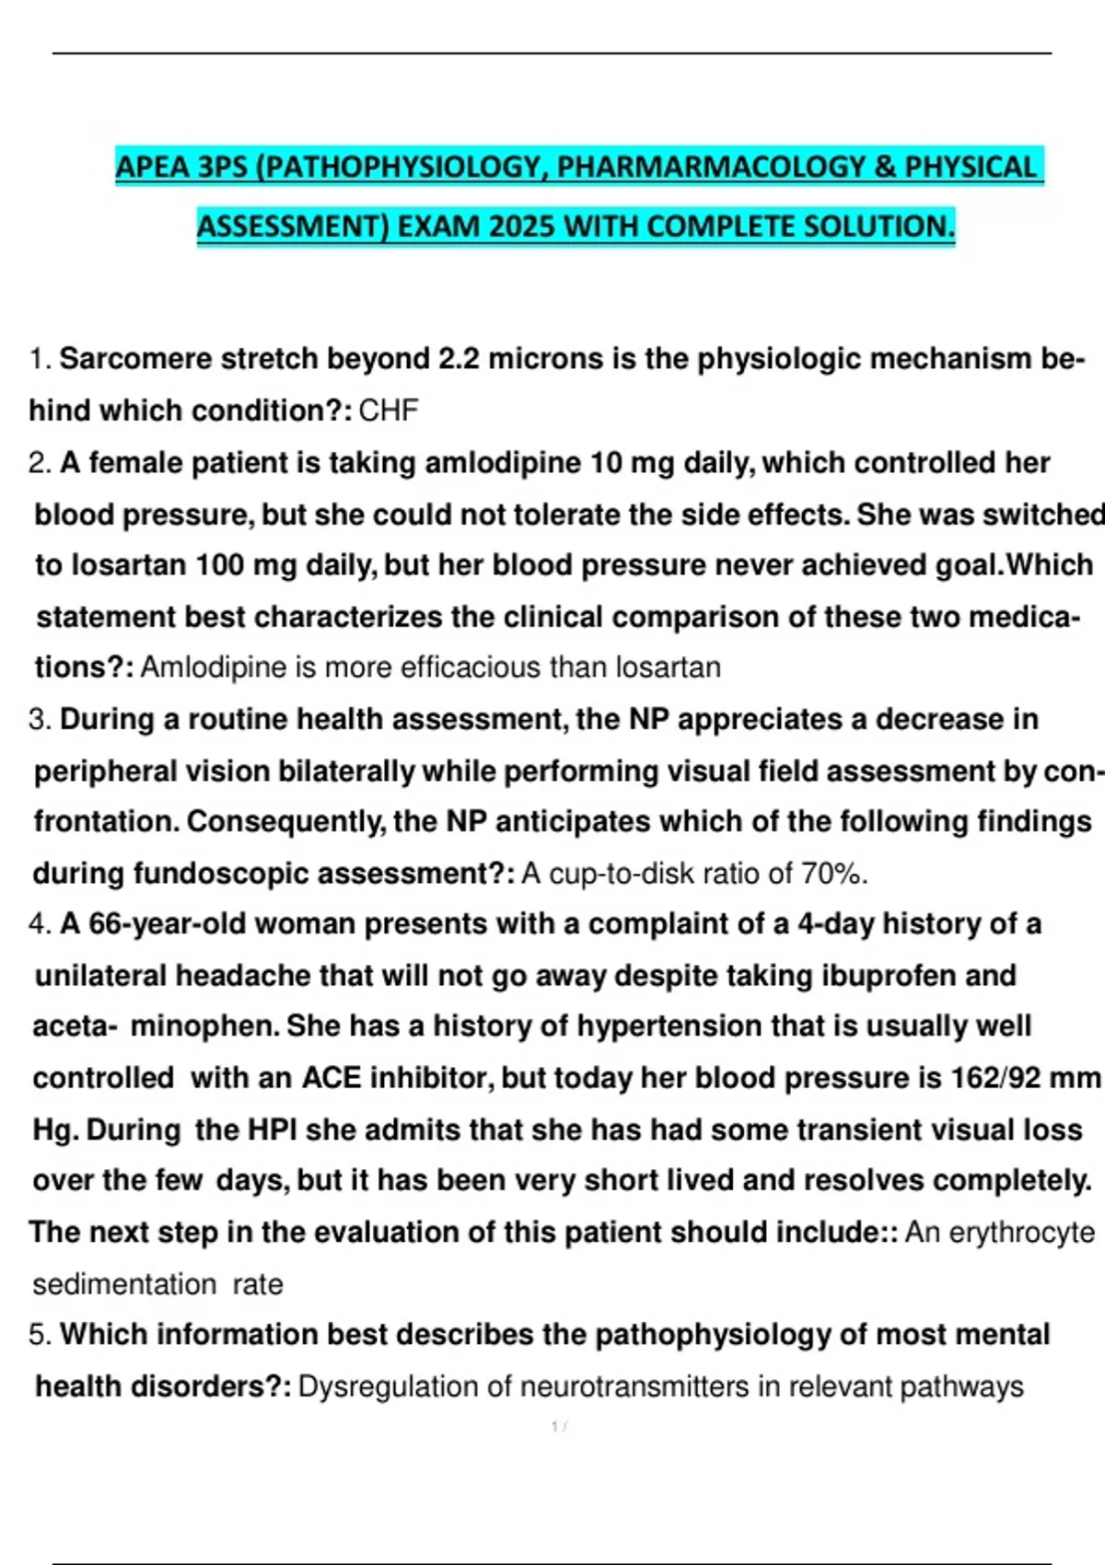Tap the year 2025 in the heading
tap(522, 226)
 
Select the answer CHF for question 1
tap(389, 410)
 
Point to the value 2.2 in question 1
tap(459, 358)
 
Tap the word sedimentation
tap(124, 1284)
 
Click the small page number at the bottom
tap(558, 1427)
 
